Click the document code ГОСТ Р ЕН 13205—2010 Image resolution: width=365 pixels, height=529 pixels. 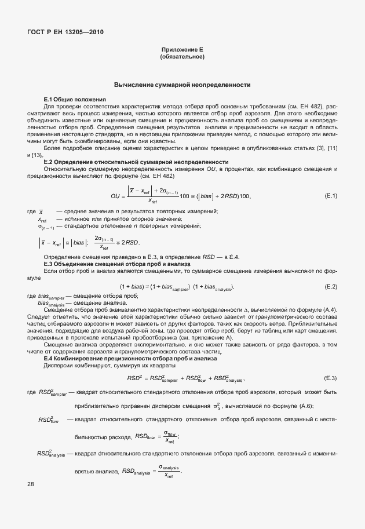pos(65,32)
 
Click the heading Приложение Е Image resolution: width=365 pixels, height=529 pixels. pos(182,50)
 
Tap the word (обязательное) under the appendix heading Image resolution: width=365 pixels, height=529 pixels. pos(182,57)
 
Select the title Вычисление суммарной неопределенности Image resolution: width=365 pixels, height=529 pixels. pos(182,85)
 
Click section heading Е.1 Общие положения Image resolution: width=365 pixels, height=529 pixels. pos(75,100)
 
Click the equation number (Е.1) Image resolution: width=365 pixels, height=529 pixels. pos(331,196)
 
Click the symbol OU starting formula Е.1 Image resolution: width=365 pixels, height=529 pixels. pos(115,196)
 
